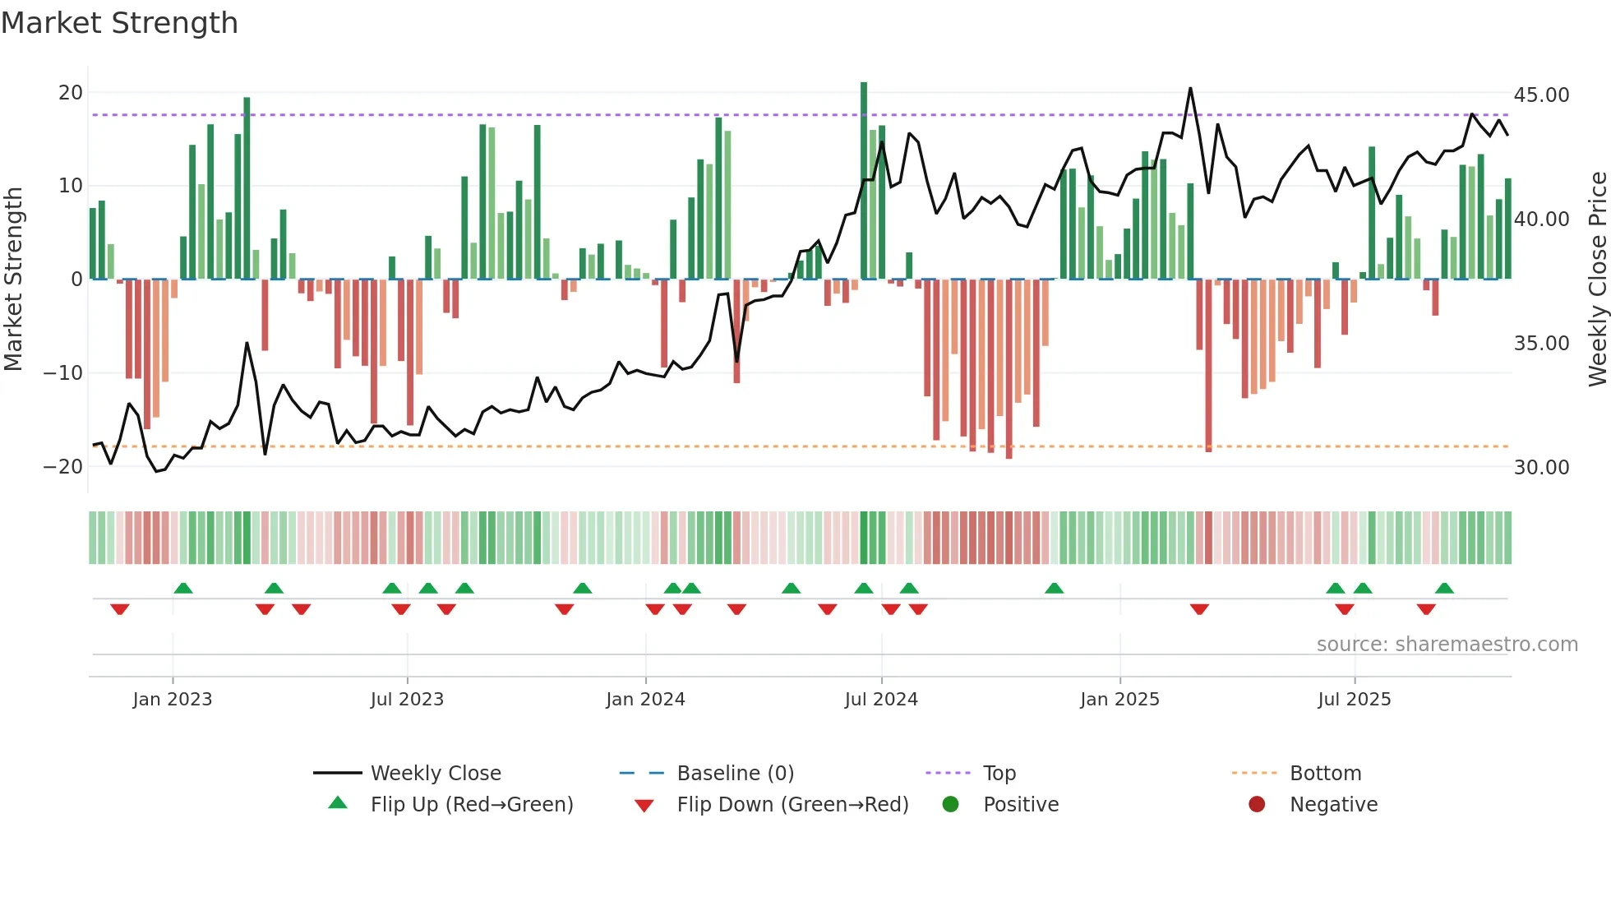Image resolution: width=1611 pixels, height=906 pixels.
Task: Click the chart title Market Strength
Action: [119, 23]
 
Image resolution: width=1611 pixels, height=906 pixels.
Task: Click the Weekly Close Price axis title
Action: [1597, 279]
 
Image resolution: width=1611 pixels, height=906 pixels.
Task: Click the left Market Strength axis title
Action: [13, 279]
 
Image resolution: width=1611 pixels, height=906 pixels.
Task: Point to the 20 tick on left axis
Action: [71, 93]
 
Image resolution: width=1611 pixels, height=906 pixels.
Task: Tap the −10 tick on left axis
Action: [63, 373]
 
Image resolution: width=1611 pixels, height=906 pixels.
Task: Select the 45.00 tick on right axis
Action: [1541, 95]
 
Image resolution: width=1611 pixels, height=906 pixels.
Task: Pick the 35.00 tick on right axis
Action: [1541, 344]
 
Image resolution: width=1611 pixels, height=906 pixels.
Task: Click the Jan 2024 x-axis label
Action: [645, 700]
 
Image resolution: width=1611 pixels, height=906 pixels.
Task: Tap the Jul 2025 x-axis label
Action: [1354, 700]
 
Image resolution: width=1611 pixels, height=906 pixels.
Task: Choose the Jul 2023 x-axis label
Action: [407, 700]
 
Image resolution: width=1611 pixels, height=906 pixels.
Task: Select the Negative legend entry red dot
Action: [1257, 805]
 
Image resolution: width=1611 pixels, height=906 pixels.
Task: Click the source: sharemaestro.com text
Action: [1447, 645]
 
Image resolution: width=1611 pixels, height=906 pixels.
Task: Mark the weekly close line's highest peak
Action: [1190, 89]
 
